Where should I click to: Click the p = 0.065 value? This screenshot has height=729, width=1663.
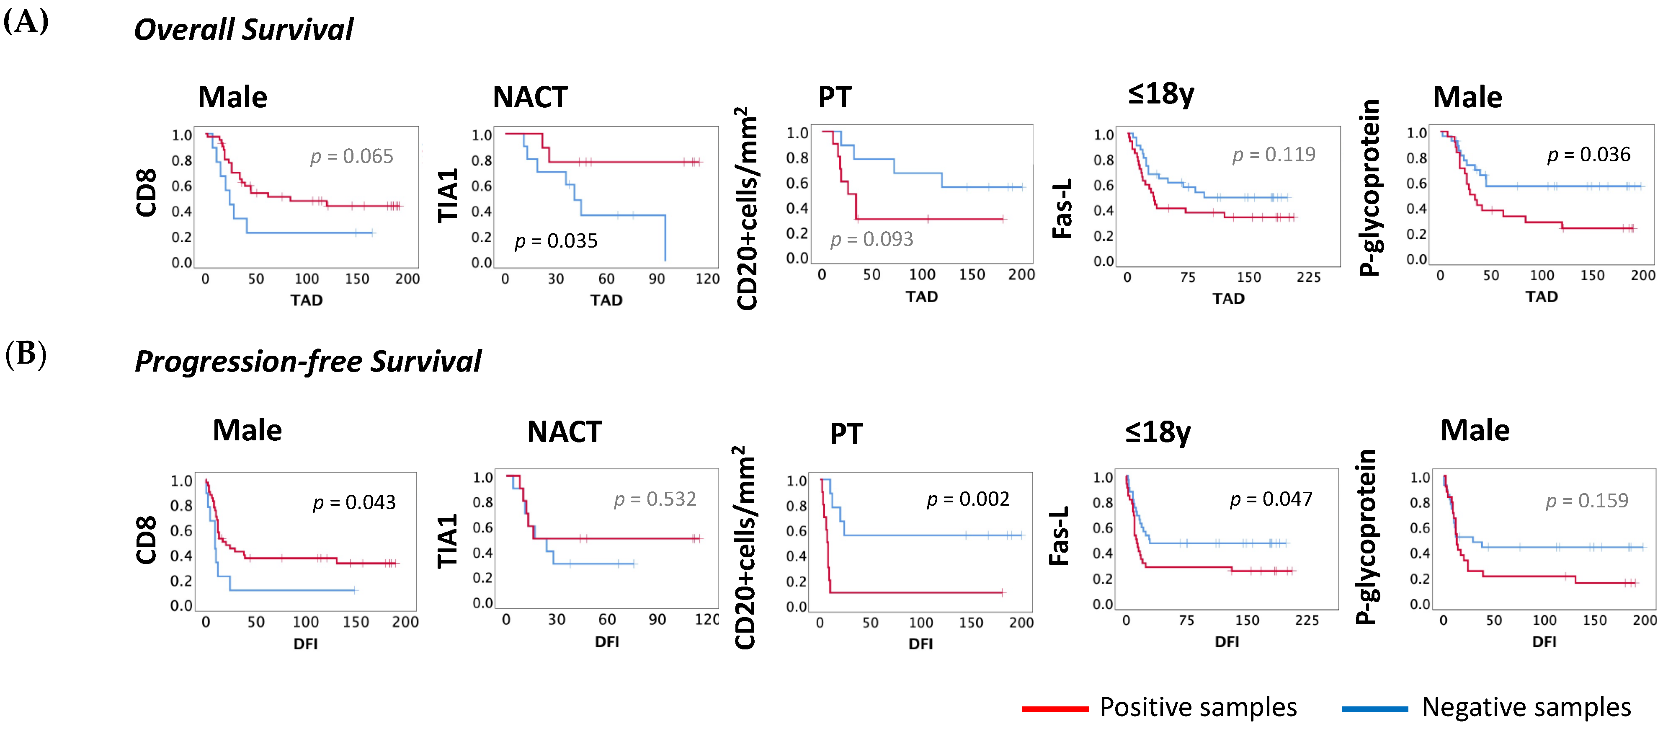351,156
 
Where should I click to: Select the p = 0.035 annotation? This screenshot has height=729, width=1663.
556,241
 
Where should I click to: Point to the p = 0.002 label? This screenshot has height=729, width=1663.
968,499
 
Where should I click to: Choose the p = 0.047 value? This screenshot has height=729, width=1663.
1271,499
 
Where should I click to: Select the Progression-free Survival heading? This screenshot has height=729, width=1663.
307,361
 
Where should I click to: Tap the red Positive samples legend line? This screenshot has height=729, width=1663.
1055,709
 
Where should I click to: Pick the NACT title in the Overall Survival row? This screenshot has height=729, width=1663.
530,98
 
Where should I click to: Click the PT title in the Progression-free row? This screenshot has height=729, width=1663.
846,433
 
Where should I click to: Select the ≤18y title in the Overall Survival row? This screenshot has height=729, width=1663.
1161,95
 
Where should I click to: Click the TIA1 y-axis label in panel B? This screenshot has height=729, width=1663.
447,541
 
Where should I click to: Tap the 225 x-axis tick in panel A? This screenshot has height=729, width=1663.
1309,278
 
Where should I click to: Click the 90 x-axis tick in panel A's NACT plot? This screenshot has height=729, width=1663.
657,279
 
